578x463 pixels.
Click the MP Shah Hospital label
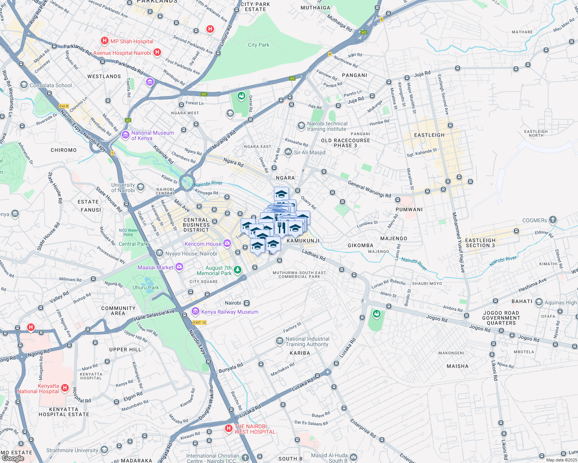pyautogui.click(x=132, y=41)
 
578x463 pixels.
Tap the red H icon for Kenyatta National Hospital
pyautogui.click(x=65, y=388)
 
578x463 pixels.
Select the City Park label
pyautogui.click(x=258, y=45)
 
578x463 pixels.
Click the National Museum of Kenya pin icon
pyautogui.click(x=125, y=135)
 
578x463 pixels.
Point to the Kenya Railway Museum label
pyautogui.click(x=229, y=312)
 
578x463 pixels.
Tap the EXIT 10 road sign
pyautogui.click(x=199, y=322)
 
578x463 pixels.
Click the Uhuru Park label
pyautogui.click(x=146, y=287)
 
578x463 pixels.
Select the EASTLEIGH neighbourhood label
pyautogui.click(x=429, y=135)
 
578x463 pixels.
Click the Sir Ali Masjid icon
pyautogui.click(x=288, y=152)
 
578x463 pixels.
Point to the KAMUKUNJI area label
pyautogui.click(x=303, y=241)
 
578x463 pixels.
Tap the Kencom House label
pyautogui.click(x=203, y=244)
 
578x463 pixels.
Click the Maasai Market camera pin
pyautogui.click(x=179, y=267)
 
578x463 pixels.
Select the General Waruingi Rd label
pyautogui.click(x=369, y=189)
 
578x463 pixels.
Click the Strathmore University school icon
pyautogui.click(x=104, y=450)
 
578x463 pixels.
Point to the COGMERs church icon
pyautogui.click(x=553, y=220)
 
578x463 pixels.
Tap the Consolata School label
pyautogui.click(x=51, y=85)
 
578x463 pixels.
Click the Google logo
pyautogui.click(x=13, y=458)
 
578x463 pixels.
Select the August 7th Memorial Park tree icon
pyautogui.click(x=238, y=270)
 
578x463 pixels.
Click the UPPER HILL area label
pyautogui.click(x=125, y=350)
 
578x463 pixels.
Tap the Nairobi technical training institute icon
pyautogui.click(x=301, y=126)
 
